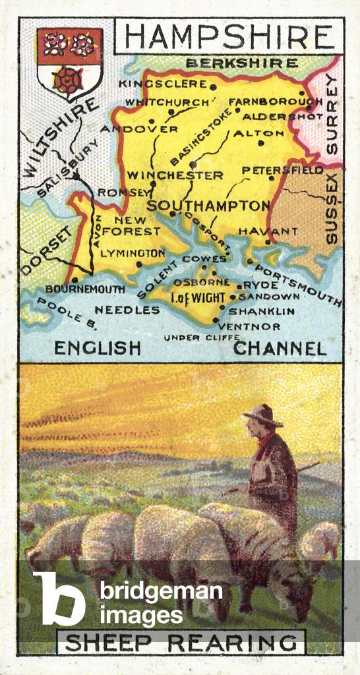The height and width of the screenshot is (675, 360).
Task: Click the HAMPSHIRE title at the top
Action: [229, 38]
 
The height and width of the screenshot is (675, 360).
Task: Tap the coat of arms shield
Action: [69, 63]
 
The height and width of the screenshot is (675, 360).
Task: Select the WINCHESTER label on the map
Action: [175, 175]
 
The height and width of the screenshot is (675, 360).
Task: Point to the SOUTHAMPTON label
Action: [208, 206]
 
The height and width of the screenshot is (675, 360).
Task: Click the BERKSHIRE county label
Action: [241, 63]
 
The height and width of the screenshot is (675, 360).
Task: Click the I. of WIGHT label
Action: [198, 298]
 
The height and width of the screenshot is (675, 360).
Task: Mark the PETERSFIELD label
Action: [283, 170]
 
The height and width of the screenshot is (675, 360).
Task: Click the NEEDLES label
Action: [127, 310]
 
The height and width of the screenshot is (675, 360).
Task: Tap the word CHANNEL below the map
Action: [280, 349]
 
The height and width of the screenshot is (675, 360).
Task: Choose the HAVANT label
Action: [259, 231]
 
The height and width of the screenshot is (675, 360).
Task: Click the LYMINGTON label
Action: [133, 252]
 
